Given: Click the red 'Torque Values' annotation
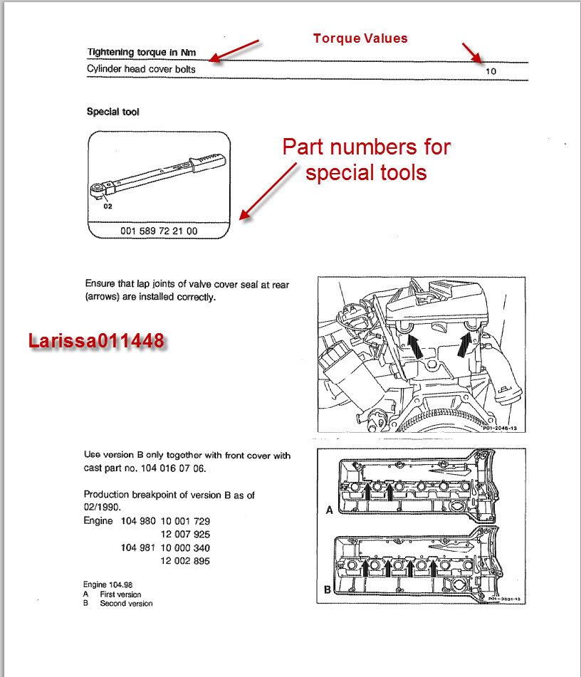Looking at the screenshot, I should point(360,38).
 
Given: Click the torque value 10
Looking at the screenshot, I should point(491,71).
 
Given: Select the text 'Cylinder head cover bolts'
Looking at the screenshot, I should point(141,69).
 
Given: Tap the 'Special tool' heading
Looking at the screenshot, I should point(113,112).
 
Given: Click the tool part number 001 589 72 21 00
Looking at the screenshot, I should point(159,231).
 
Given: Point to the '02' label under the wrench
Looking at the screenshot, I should point(108,206).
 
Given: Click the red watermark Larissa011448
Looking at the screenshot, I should point(96,341).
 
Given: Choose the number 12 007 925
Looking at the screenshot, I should point(183,535).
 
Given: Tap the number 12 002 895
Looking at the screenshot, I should point(183,562).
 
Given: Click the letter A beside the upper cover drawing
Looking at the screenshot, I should point(329,510).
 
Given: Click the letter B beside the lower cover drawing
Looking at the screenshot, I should point(328,589).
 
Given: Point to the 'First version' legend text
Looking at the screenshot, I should point(121,594).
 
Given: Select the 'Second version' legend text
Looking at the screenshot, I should point(127,604).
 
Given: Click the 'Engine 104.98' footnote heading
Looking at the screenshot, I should point(108,584).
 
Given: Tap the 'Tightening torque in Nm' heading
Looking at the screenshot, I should point(141,52).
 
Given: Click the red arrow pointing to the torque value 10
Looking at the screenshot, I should point(471,52).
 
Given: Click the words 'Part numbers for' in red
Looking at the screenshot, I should point(366,147).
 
